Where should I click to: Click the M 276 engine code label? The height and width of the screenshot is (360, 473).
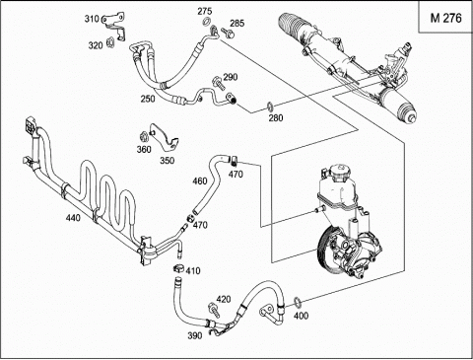coord(445,18)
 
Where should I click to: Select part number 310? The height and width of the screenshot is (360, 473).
coord(92,19)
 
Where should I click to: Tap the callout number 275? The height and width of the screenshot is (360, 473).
coord(204,11)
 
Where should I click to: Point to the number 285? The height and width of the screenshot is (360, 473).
coord(237,23)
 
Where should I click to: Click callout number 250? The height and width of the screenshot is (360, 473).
coord(148,99)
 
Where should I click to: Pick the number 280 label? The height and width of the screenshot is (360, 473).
coord(276,117)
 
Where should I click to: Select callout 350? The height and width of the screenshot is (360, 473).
coord(168,161)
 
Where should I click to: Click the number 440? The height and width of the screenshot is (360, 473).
coord(73,217)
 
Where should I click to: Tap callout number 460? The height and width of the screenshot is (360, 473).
coord(200,180)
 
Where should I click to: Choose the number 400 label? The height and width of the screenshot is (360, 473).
coord(301,316)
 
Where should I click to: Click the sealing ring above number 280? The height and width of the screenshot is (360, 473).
coord(270,106)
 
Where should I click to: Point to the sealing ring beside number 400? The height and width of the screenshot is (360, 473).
coord(297,301)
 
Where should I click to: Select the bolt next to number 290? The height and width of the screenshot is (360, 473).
coord(218,82)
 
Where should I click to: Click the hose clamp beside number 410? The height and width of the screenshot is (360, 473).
coord(179,268)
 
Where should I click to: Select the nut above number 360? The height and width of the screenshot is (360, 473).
coord(143,135)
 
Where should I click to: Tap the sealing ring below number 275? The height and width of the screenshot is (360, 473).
coord(206,23)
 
